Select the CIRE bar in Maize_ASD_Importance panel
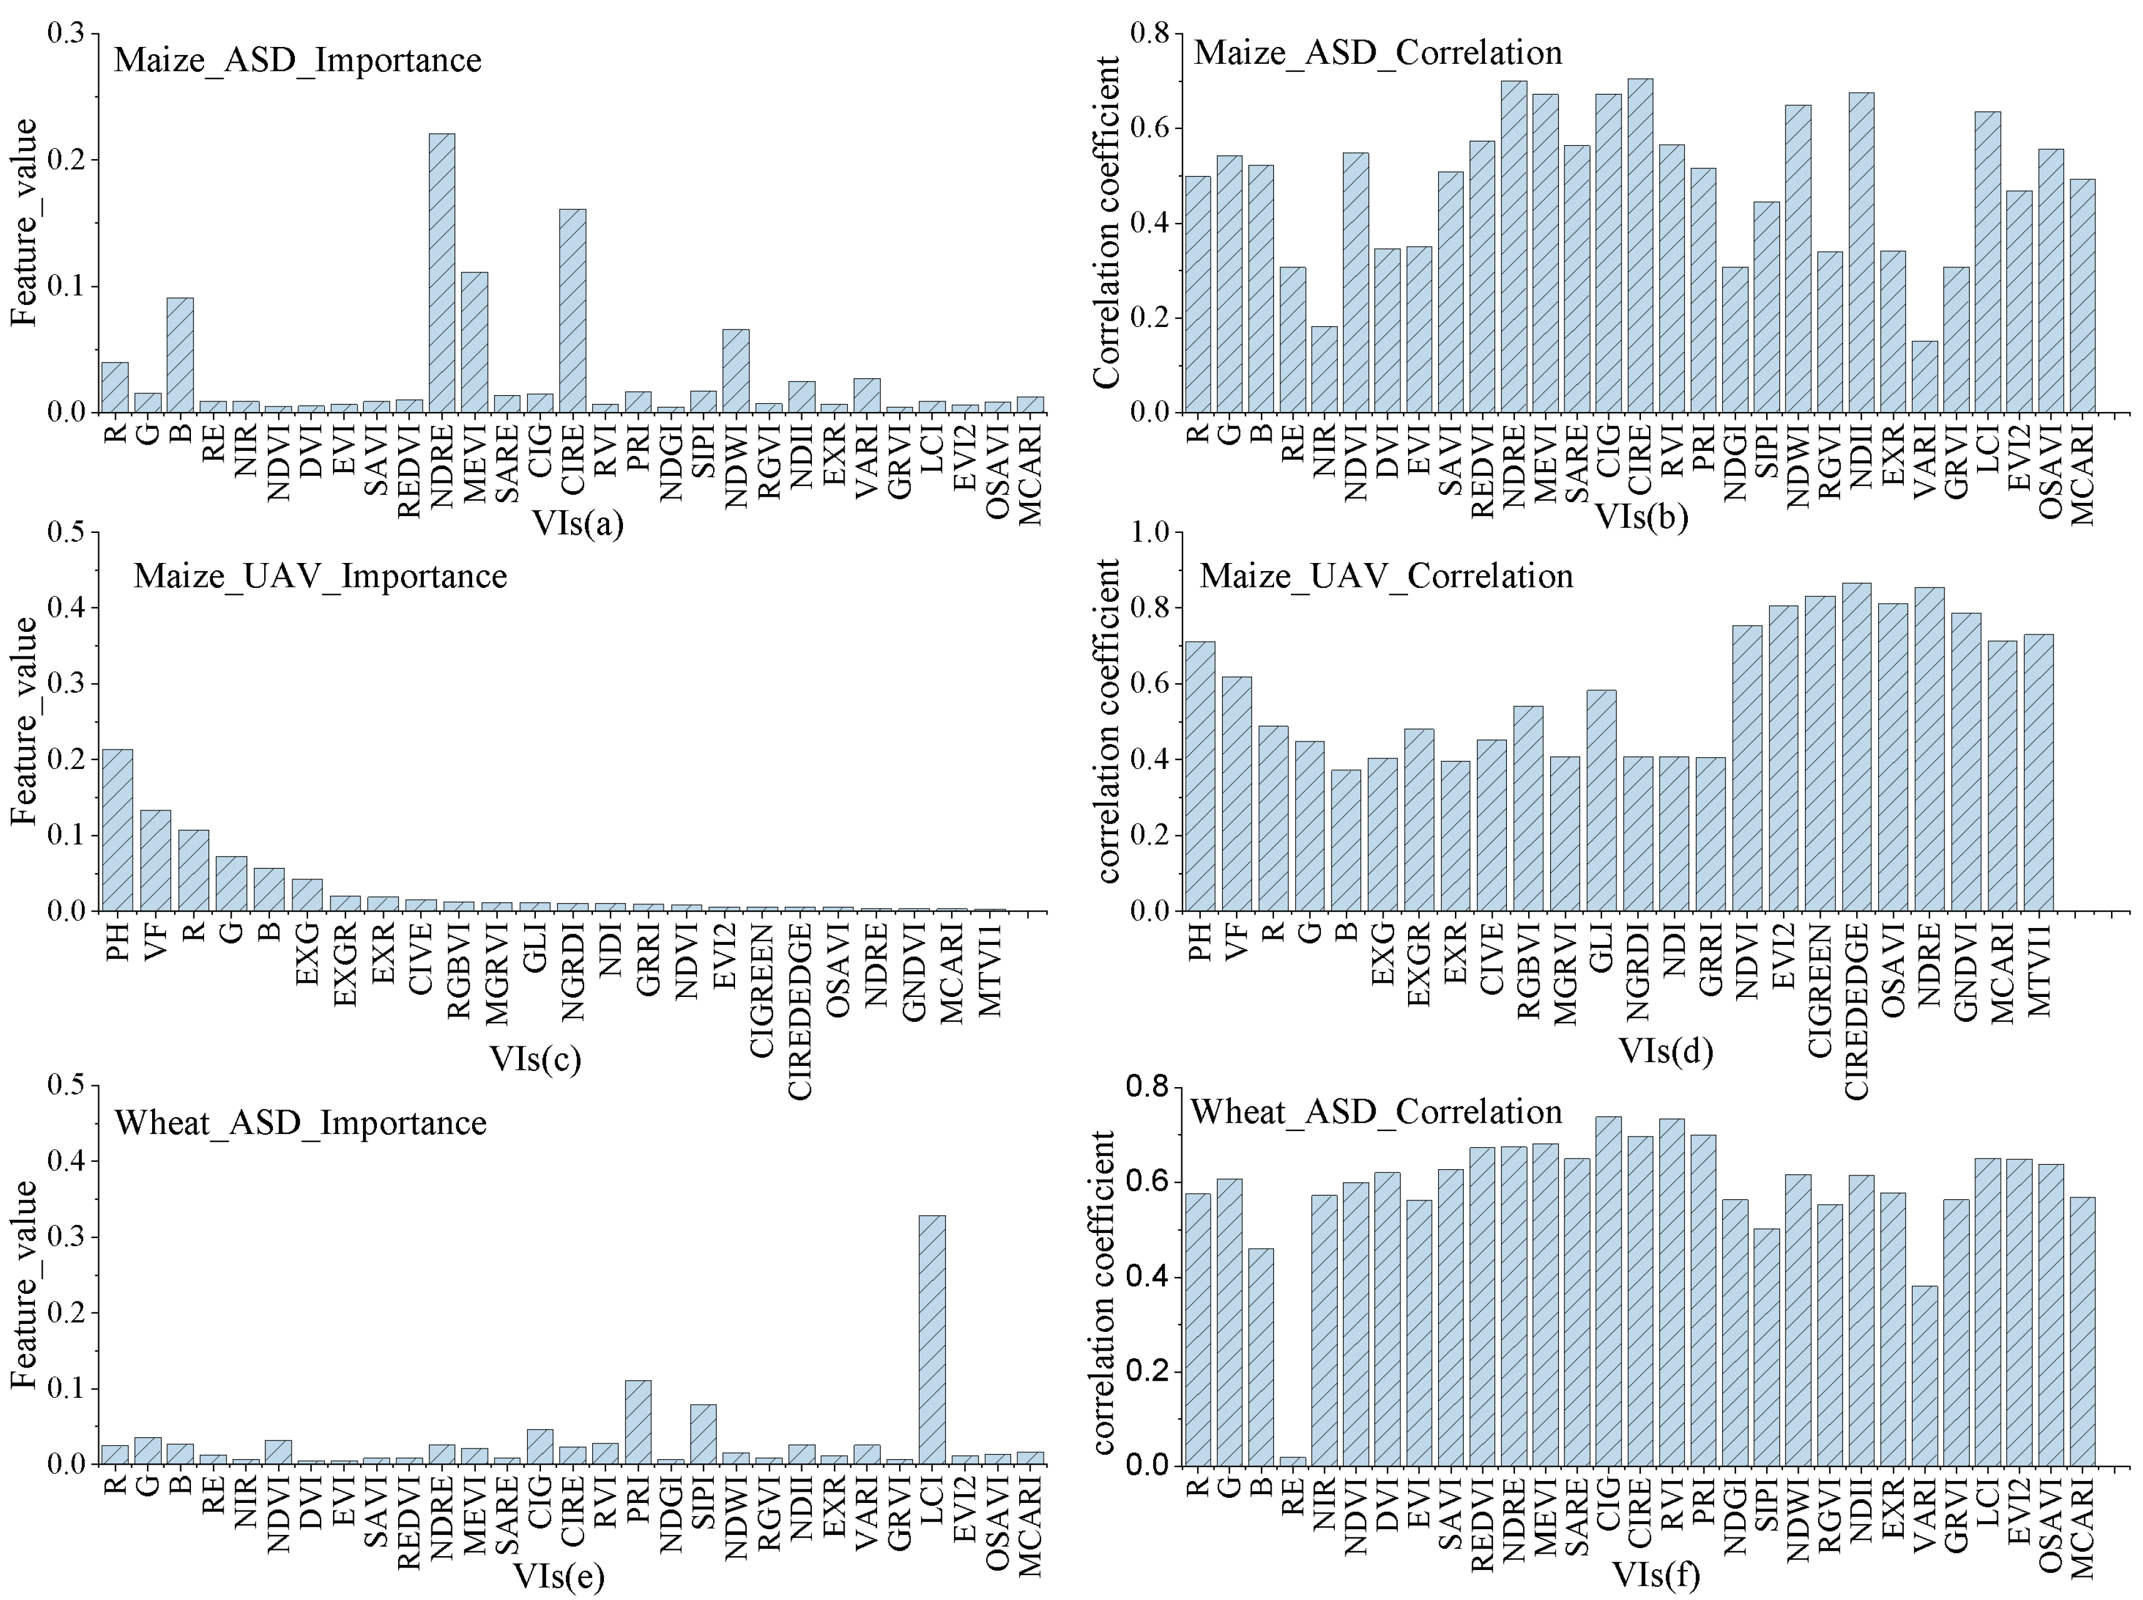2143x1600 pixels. [x=572, y=311]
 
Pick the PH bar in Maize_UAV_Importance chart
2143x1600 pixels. [x=117, y=830]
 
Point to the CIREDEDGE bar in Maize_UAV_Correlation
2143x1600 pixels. [x=1856, y=746]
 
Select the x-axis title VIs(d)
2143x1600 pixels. [x=1665, y=1050]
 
